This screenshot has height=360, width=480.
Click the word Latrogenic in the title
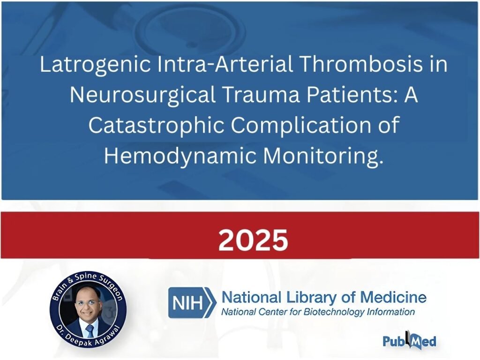(95, 65)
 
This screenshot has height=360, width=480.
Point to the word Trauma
(261, 95)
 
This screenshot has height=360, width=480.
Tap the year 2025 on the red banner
(253, 240)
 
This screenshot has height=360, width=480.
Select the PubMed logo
(410, 340)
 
